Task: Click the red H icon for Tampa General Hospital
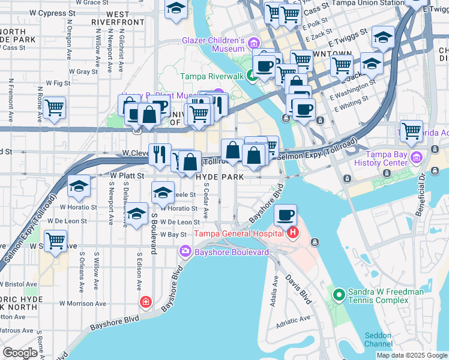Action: [293, 233]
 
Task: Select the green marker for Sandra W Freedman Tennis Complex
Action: [339, 295]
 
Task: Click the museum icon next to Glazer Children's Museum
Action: [254, 42]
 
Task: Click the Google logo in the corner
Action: [20, 353]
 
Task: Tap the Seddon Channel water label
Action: [378, 340]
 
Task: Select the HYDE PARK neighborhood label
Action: [220, 178]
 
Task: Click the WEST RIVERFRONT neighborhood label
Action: [126, 17]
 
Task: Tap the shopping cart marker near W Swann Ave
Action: [55, 241]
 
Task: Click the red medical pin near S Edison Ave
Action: [145, 301]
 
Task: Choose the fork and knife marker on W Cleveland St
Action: [160, 154]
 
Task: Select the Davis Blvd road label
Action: [298, 289]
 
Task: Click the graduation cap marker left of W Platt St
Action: [79, 186]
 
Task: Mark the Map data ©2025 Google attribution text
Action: [412, 355]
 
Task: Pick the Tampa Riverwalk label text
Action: [213, 77]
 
